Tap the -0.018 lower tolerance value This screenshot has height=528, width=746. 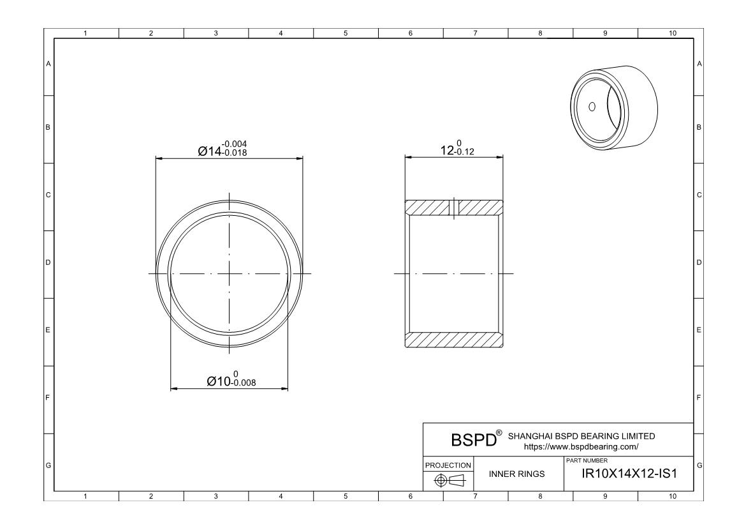(x=233, y=153)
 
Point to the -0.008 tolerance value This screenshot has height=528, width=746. (x=244, y=383)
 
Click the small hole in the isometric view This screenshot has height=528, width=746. (x=591, y=106)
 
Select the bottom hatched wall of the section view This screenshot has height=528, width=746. (x=454, y=340)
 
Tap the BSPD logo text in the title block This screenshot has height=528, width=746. (x=472, y=441)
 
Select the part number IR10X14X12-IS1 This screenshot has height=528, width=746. (x=628, y=474)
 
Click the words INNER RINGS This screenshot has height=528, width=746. (x=516, y=474)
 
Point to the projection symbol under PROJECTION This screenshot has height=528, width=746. (x=449, y=479)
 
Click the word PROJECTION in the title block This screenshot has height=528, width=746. (x=449, y=465)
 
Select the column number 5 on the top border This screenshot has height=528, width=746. (x=345, y=33)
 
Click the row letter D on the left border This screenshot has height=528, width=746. (x=48, y=262)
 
